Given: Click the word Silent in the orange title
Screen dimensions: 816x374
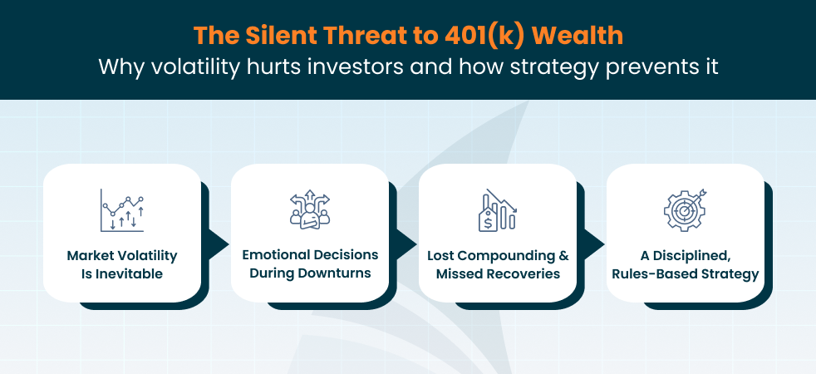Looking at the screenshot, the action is (x=283, y=37).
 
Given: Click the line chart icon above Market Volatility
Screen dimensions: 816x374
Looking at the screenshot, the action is (x=122, y=210).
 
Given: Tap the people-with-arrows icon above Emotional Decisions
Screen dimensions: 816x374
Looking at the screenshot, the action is (x=310, y=209).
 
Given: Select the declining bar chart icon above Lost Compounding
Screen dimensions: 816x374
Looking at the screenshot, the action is (x=498, y=210).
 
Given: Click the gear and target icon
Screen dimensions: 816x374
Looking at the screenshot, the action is (x=686, y=210).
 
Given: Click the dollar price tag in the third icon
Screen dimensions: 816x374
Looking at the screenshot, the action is (x=488, y=222).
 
